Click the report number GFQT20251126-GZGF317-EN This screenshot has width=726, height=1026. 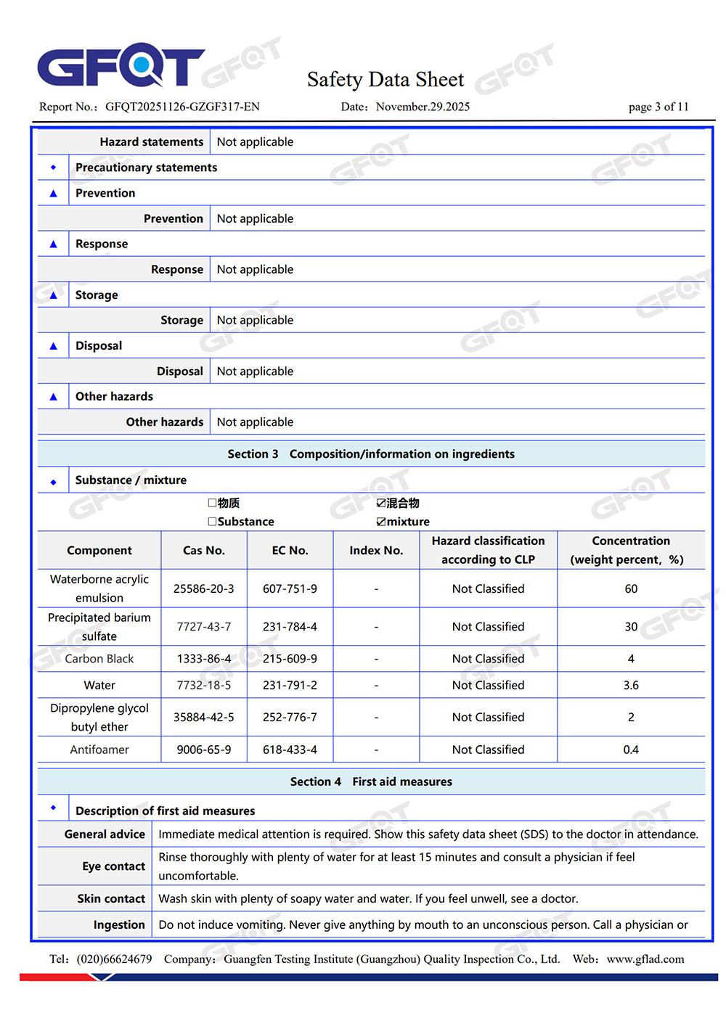pyautogui.click(x=182, y=107)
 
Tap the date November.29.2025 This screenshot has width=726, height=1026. pyautogui.click(x=423, y=107)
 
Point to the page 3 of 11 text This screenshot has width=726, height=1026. pyautogui.click(x=658, y=107)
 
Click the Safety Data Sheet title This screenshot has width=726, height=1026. pyautogui.click(x=385, y=79)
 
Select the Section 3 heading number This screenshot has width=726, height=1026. pyautogui.click(x=253, y=454)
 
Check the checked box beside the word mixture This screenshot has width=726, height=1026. pyautogui.click(x=381, y=522)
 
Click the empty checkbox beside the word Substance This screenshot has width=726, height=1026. pyautogui.click(x=212, y=522)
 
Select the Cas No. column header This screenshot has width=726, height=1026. pyautogui.click(x=204, y=551)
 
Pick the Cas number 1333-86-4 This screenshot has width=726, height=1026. pyautogui.click(x=204, y=659)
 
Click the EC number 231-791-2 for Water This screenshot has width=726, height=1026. pyautogui.click(x=290, y=685)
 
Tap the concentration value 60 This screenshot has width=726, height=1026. pyautogui.click(x=631, y=588)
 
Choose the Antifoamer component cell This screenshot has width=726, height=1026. pyautogui.click(x=99, y=750)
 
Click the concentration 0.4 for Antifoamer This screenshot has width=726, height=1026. pyautogui.click(x=631, y=750)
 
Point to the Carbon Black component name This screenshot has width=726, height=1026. pyautogui.click(x=99, y=659)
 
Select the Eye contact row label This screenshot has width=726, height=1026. pyautogui.click(x=113, y=866)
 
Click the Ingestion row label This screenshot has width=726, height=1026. pyautogui.click(x=119, y=924)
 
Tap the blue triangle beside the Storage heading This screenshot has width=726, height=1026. pyautogui.click(x=53, y=295)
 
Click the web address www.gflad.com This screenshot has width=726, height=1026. pyautogui.click(x=645, y=959)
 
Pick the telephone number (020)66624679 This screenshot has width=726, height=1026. pyautogui.click(x=114, y=959)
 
